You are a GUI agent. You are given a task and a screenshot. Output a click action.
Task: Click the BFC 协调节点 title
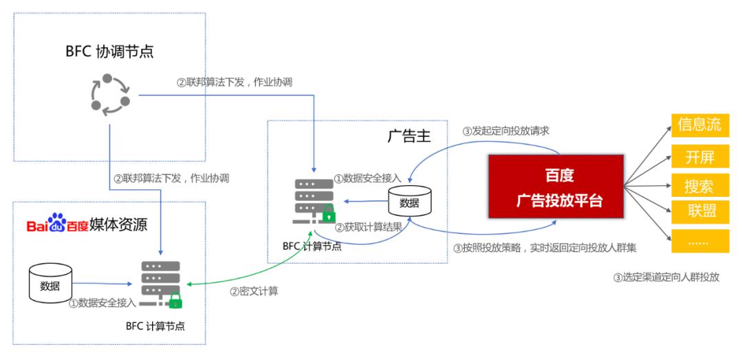point(109,51)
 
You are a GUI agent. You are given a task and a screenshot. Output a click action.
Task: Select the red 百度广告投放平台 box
point(555,187)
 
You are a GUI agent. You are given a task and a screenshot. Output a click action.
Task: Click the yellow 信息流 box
point(700,125)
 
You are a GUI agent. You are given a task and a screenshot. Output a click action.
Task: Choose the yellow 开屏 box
point(700,156)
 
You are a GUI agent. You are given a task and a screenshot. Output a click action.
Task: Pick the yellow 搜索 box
point(700,185)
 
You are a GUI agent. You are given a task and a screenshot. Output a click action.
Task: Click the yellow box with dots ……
point(700,241)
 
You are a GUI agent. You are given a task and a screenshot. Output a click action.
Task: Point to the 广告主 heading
point(409,136)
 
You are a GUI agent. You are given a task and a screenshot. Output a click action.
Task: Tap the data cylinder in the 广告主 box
point(409,201)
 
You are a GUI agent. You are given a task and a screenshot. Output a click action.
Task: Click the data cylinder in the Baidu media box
point(50,284)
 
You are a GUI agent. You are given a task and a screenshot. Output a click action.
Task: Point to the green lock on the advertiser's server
point(329,213)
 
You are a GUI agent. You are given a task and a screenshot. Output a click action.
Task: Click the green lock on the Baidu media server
point(176,299)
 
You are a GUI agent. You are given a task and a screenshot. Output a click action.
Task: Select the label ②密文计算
point(254,292)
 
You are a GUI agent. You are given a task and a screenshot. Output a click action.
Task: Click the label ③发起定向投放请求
point(506,131)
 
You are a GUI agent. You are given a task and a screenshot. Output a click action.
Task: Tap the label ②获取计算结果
point(369,227)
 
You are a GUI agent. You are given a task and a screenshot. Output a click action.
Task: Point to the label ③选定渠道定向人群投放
point(666,277)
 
